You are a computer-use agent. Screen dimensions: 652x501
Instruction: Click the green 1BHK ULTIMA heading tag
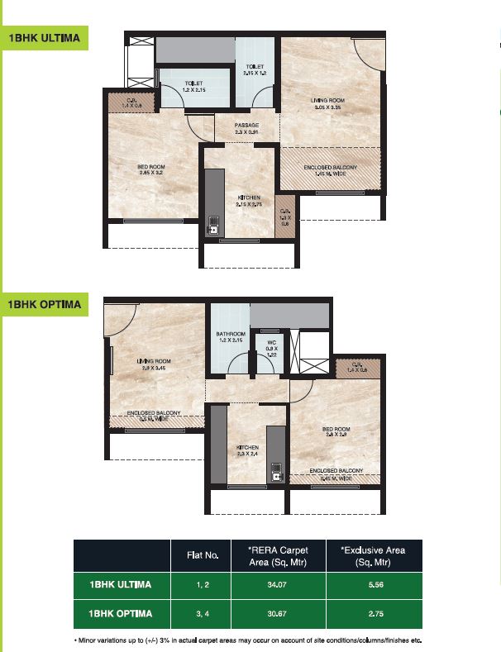(45, 40)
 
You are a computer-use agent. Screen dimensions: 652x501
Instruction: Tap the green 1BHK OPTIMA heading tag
(45, 304)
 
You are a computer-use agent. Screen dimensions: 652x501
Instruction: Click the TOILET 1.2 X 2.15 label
(193, 87)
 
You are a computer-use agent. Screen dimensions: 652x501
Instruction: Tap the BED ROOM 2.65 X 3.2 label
(151, 170)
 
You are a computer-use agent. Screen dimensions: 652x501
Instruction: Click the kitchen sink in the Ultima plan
(213, 225)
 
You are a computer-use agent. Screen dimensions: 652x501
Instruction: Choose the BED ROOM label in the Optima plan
(336, 433)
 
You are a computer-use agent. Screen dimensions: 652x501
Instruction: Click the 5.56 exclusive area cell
(373, 585)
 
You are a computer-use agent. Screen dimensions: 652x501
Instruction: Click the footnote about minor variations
(252, 641)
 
